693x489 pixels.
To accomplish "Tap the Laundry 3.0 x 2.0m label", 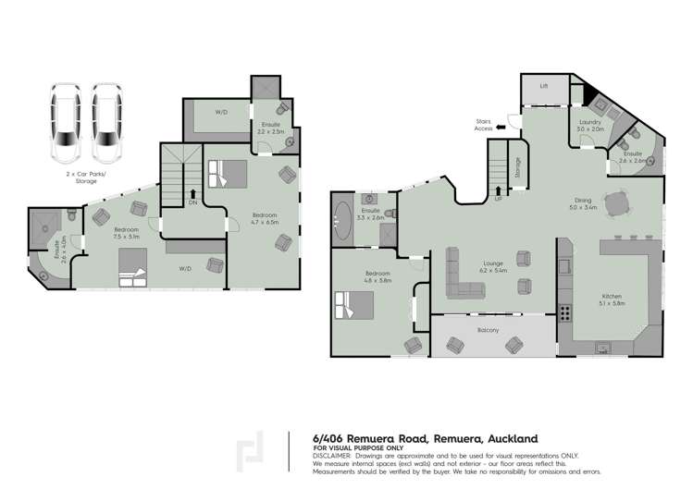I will point(590,127).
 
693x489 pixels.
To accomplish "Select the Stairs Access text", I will point(484,126).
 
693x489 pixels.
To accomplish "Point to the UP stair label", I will point(499,199).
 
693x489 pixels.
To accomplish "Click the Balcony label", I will point(489,330).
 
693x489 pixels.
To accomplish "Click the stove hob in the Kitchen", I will point(564,313).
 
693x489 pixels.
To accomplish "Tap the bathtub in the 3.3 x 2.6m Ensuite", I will point(341,221).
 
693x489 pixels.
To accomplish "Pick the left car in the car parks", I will point(65,119).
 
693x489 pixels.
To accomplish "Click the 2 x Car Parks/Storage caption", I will point(85,177).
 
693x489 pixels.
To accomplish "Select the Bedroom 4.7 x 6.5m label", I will point(264,218).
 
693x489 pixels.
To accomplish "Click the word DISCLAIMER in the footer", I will point(331,456).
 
